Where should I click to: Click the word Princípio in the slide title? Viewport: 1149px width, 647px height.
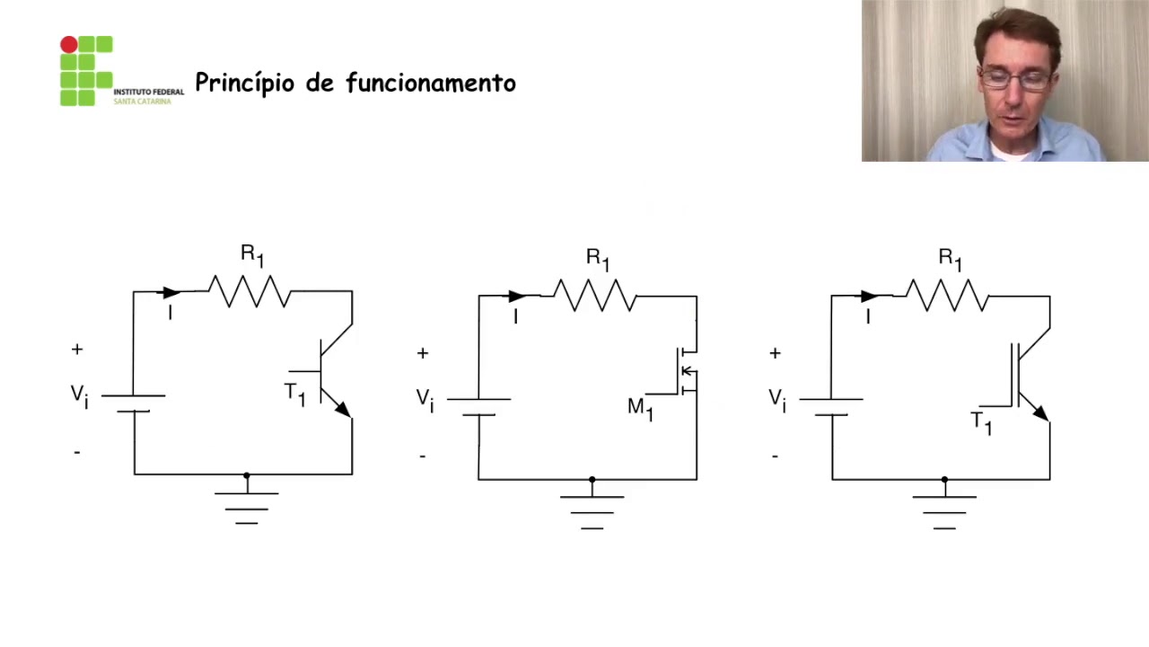click(x=244, y=84)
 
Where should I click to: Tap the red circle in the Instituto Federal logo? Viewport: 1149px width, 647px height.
click(x=68, y=44)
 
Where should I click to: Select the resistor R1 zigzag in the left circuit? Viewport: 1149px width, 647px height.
click(x=249, y=291)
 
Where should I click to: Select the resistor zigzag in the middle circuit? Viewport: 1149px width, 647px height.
click(x=594, y=295)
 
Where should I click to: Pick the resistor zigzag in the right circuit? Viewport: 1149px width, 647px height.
click(x=947, y=295)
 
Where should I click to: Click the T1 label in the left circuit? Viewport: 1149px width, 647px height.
click(x=294, y=394)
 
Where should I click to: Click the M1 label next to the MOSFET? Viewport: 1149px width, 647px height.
click(x=640, y=408)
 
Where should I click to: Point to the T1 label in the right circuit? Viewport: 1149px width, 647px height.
click(x=981, y=422)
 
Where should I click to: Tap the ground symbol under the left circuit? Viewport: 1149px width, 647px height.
click(x=247, y=506)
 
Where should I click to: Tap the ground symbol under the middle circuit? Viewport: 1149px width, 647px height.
click(x=592, y=510)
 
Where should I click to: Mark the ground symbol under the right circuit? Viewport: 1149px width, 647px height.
click(x=944, y=510)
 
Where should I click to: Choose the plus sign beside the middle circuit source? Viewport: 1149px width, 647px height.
click(x=423, y=353)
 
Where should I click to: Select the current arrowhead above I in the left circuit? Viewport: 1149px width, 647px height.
click(x=170, y=292)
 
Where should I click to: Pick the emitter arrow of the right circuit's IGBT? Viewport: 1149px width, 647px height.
click(x=1039, y=412)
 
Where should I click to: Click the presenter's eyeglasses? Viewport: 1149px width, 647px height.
click(x=1014, y=79)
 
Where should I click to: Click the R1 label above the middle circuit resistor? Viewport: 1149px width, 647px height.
click(x=598, y=258)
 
